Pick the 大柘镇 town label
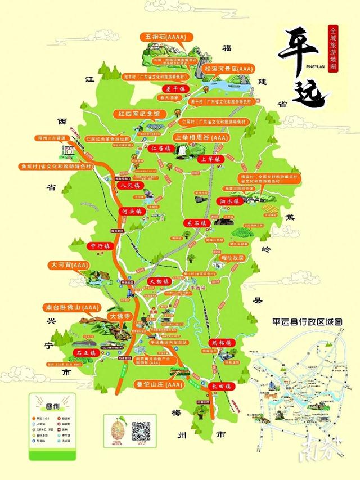pyautogui.click(x=159, y=280)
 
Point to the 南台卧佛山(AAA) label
pyautogui.click(x=70, y=308)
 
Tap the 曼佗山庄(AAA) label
pyautogui.click(x=160, y=385)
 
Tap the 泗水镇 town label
pyautogui.click(x=229, y=201)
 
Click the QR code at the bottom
pyautogui.click(x=141, y=431)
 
